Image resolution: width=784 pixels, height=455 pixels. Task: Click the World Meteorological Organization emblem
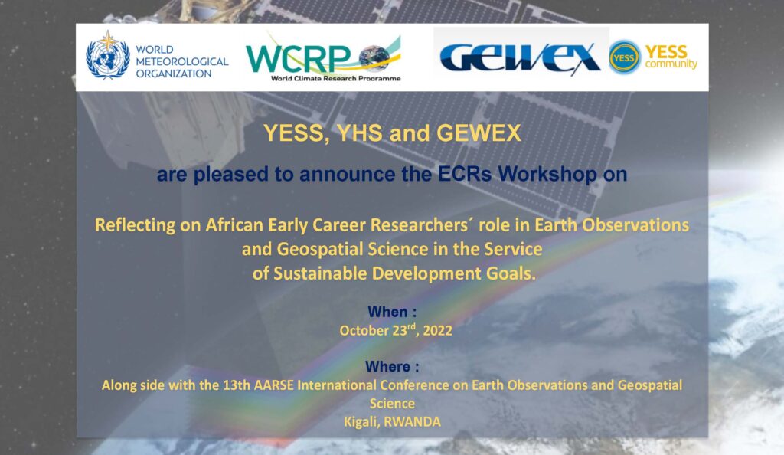tap(107, 55)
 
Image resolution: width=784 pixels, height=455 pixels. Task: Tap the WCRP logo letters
tap(299, 59)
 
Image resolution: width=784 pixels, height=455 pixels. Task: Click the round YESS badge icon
tap(625, 57)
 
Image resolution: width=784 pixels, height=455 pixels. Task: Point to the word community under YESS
tap(671, 64)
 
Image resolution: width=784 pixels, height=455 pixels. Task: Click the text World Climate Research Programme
tap(335, 78)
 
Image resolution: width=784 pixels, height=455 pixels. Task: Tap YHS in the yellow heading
tap(359, 133)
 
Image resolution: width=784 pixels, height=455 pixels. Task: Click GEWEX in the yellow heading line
tap(479, 133)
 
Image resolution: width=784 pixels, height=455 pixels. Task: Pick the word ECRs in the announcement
tap(465, 174)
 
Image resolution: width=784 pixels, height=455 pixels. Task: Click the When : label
tap(392, 312)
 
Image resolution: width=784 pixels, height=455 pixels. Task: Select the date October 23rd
tap(377, 330)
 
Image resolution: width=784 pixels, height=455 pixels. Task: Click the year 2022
tap(437, 330)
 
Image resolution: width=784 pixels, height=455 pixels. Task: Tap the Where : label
tap(392, 366)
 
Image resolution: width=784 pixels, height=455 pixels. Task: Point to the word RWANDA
tap(413, 422)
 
